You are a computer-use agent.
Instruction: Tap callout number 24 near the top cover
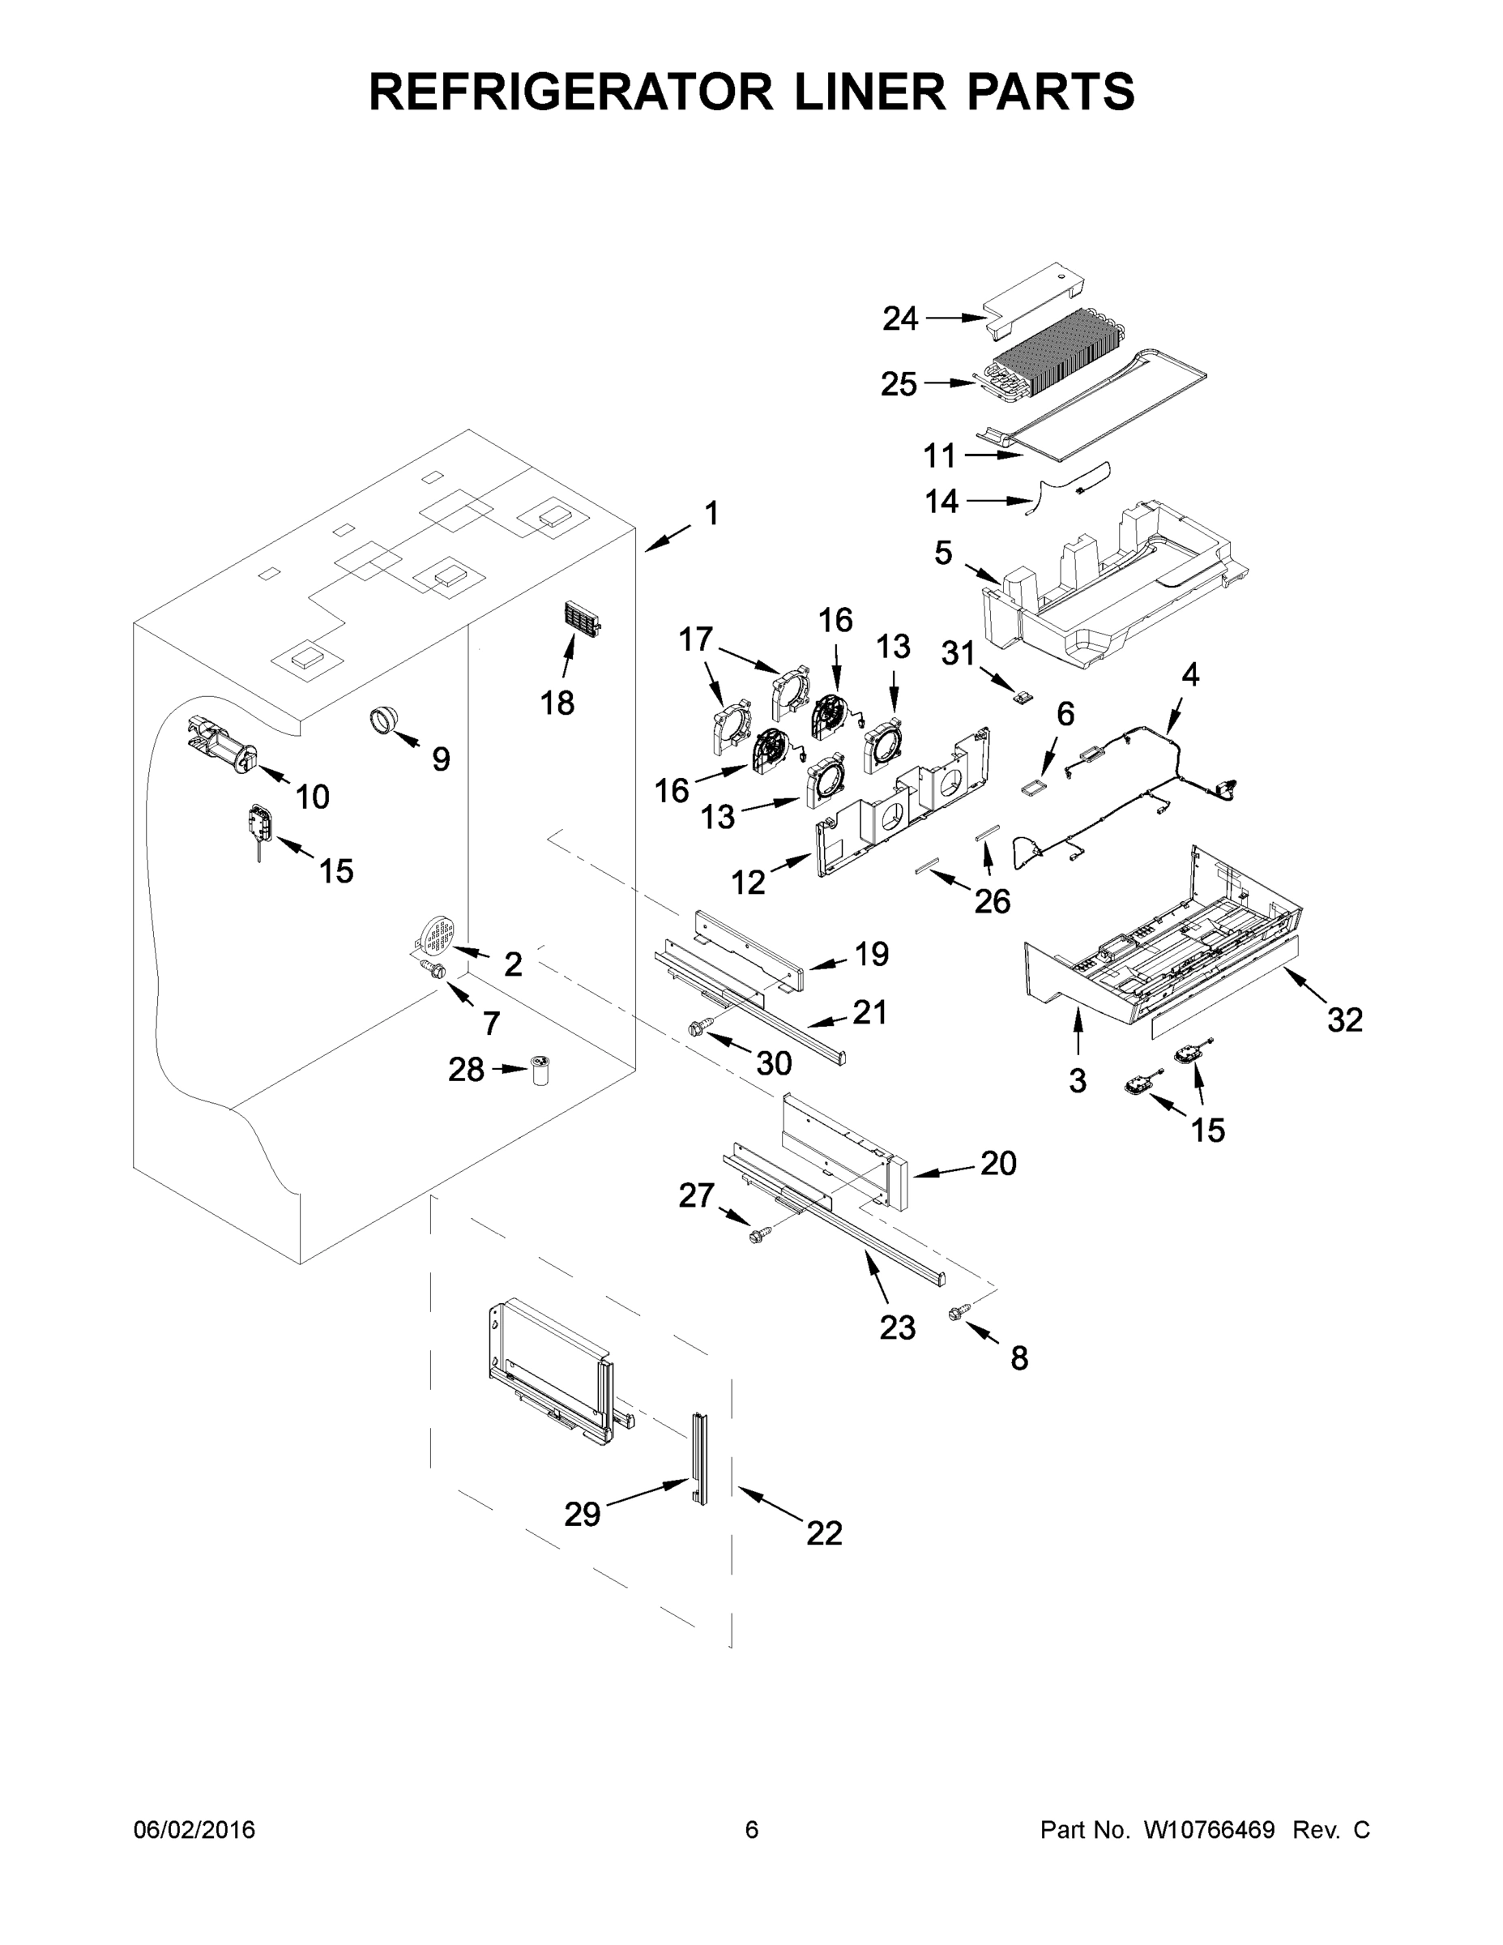899,318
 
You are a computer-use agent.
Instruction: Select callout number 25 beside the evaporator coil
899,385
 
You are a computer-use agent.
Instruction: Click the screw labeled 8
959,1313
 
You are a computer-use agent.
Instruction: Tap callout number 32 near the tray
1343,1020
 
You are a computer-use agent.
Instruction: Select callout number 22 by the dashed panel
824,1532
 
